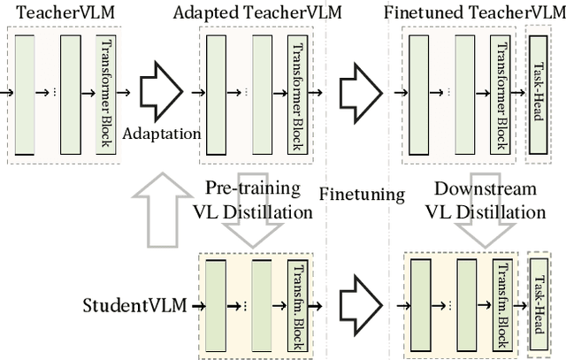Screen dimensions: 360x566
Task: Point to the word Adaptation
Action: (162, 133)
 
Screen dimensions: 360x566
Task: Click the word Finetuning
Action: (362, 194)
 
